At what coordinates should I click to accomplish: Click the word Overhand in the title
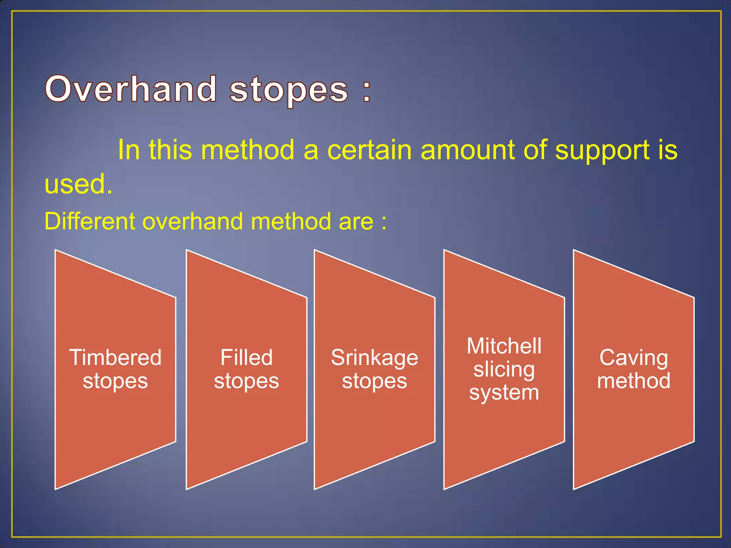(x=131, y=89)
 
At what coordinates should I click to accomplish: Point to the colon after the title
(x=367, y=91)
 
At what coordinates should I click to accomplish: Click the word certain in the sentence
(x=369, y=150)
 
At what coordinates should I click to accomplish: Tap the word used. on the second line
(x=78, y=184)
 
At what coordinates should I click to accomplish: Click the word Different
(x=90, y=221)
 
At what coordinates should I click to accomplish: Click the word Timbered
(x=115, y=357)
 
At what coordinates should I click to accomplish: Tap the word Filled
(x=246, y=357)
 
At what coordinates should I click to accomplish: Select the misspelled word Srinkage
(x=374, y=358)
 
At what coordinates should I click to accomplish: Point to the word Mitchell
(x=504, y=346)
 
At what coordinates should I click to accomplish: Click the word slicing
(x=504, y=369)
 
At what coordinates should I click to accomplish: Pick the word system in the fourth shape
(x=504, y=392)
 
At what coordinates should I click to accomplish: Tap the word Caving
(x=634, y=357)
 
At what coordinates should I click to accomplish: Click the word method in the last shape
(x=634, y=381)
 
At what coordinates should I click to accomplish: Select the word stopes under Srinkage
(x=374, y=381)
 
